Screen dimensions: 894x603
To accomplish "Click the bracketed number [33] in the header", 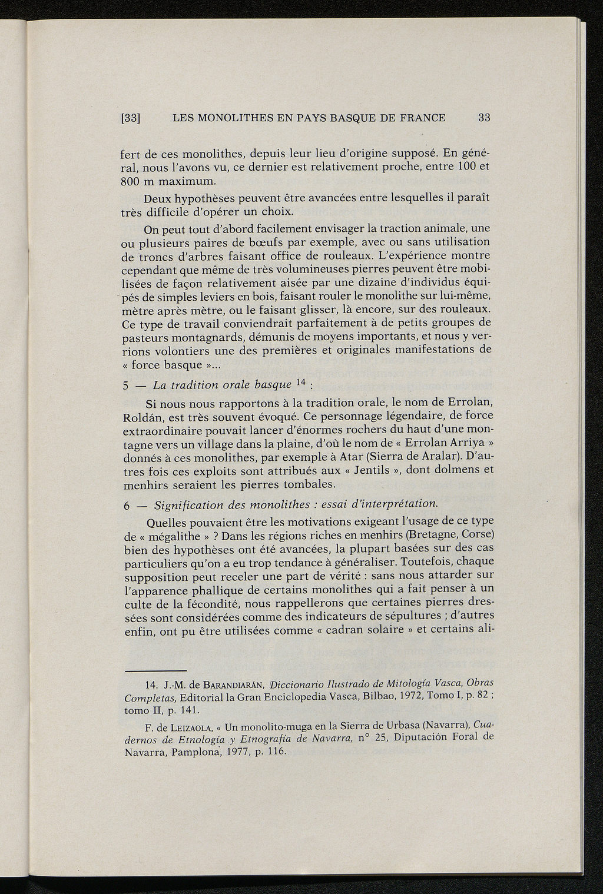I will click(x=129, y=118).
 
